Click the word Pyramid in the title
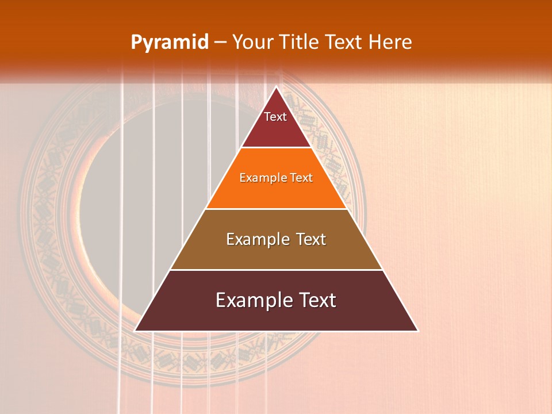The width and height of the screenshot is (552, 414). click(169, 43)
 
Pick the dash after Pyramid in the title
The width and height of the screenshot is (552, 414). click(220, 43)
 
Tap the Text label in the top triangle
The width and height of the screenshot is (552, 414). click(275, 117)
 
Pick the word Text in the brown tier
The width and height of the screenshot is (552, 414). click(311, 239)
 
